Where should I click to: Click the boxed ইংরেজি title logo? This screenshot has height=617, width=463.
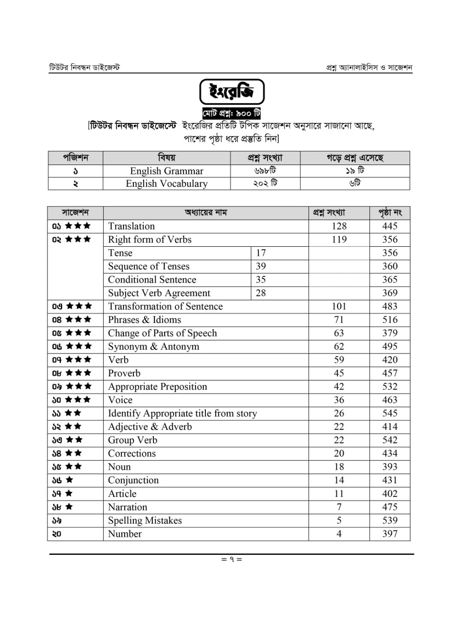point(231,92)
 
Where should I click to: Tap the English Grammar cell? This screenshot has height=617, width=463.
point(166,171)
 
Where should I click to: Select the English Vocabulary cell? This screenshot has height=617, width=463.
point(166,183)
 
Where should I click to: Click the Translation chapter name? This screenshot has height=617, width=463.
point(131,226)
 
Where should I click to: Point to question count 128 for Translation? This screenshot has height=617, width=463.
point(339,226)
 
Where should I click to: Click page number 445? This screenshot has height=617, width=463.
point(390,226)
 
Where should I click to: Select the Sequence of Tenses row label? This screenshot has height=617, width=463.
point(148,266)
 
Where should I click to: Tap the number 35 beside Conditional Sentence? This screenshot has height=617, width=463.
point(261,280)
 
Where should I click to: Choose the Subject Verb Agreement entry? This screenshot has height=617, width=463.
point(159,293)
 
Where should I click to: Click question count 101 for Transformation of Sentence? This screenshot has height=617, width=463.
point(339,306)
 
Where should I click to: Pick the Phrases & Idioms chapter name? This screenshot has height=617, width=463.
point(144,320)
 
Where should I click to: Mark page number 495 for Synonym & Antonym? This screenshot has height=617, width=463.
point(390,347)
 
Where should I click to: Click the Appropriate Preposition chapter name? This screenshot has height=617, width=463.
point(157,386)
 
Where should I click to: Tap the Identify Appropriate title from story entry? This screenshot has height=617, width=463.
point(182,413)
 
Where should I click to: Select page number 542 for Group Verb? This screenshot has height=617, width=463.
point(390,440)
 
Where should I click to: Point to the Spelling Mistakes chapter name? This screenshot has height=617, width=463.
point(145,521)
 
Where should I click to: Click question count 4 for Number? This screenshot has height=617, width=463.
point(339,534)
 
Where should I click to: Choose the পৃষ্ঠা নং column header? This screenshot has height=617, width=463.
point(390,213)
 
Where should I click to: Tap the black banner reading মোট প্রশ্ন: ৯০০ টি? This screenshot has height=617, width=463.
point(231,114)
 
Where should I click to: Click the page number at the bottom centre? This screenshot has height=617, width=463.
point(231,559)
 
